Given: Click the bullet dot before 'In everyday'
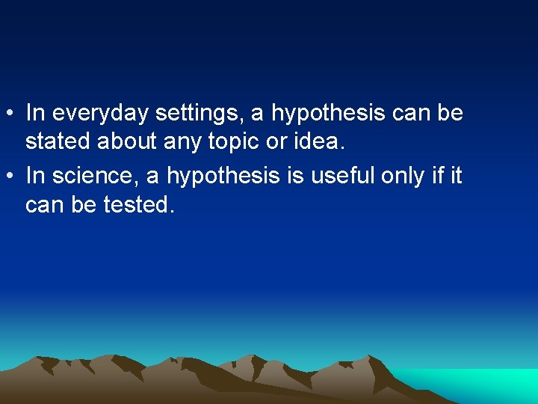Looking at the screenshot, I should tap(10, 114).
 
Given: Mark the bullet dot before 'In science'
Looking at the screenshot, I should tap(10, 177).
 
